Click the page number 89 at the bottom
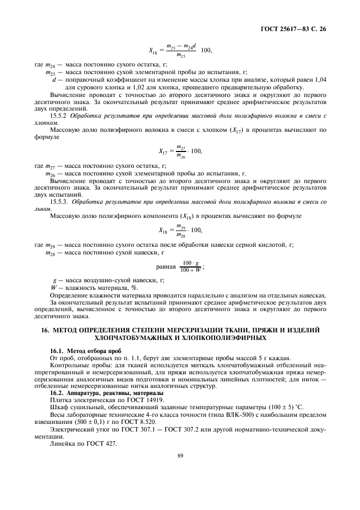coord(179,471)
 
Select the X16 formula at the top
coord(180,50)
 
